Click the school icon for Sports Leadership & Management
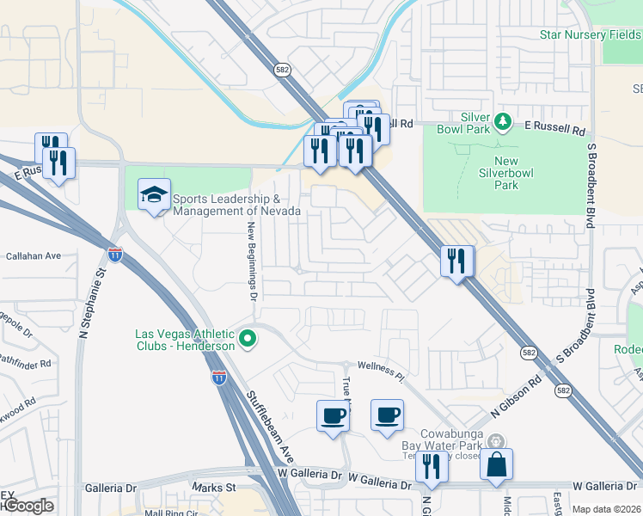click(154, 195)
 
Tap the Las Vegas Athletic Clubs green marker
click(248, 340)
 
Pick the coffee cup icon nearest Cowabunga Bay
click(387, 415)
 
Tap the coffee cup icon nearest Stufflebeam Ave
click(333, 416)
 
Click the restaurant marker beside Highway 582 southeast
click(456, 259)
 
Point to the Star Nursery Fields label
click(590, 35)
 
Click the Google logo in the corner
click(27, 507)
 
